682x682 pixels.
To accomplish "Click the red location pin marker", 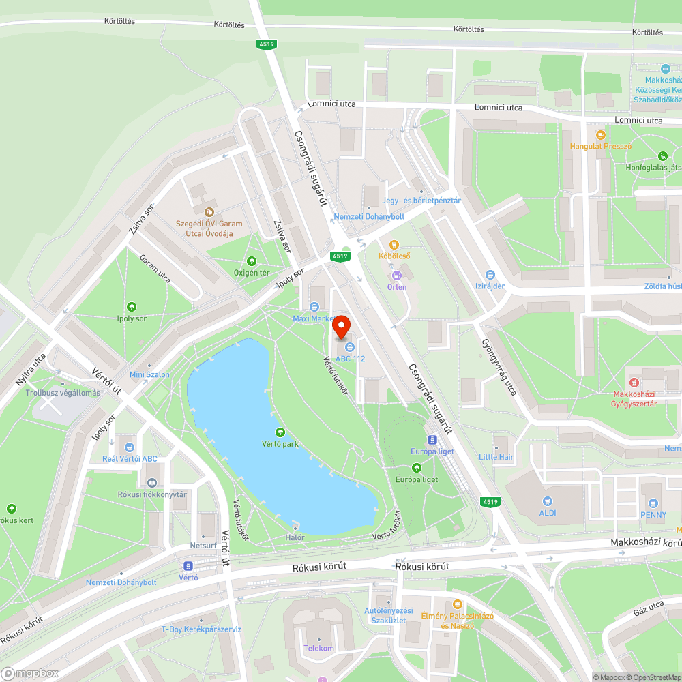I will coord(342,327).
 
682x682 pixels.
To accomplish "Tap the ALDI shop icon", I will coord(547,501).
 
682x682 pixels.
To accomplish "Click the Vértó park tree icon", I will coord(280,432).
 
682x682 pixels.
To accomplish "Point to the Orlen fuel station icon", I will coord(396,276).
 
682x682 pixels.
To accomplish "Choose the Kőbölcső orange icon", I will coord(394,245).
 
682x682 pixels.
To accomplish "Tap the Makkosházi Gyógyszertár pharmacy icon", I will coord(634,383).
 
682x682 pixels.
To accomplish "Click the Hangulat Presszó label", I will coord(601,146).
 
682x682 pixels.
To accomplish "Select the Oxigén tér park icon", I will coord(252,261).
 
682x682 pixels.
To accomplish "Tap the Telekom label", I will coord(319,649).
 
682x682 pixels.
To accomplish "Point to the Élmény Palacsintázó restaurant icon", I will coord(457,604).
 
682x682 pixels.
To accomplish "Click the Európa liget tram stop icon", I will coord(432,440).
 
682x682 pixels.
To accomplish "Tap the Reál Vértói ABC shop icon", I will coord(130,447).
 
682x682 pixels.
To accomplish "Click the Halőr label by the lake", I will coord(295,537).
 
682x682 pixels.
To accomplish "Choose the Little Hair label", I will coord(496,457).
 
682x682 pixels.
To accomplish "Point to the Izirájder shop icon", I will coord(490,274).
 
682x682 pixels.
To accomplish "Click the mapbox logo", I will coord(31,672).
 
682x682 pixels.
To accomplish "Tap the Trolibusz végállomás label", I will coord(63,393).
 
